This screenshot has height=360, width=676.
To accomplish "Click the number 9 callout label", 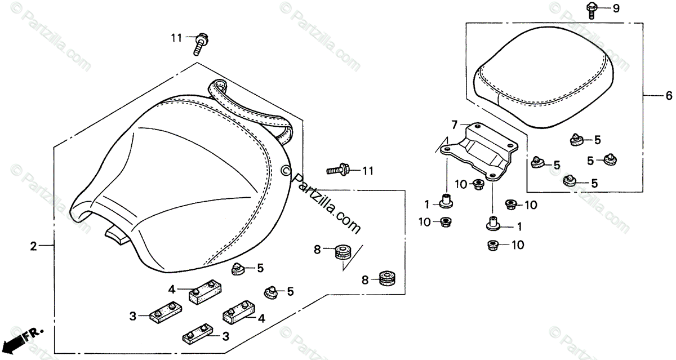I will tap(616, 8).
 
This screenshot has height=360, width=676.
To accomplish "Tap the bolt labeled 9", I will tap(591, 10).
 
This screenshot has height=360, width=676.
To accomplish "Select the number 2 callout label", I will tap(33, 246).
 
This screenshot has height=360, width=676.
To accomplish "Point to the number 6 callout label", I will tap(669, 95).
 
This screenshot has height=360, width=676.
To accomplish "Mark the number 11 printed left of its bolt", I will tap(177, 38).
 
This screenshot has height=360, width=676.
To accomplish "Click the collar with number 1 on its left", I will tap(448, 201).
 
